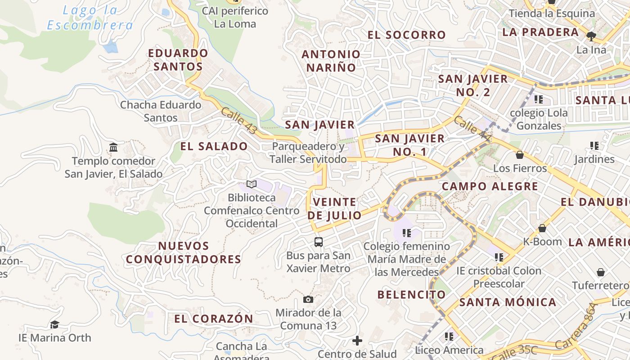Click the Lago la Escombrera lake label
pos(90,18)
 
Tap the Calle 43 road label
pos(239,121)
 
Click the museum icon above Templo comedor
pos(113,147)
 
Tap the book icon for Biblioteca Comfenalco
pos(251,184)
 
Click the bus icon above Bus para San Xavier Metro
pos(319,242)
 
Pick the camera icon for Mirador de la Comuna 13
pos(308,299)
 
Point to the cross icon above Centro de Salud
pos(357,341)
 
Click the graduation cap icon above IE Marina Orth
pos(54,324)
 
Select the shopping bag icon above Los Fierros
pos(520,155)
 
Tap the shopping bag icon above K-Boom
pos(542,228)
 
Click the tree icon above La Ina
pos(591,36)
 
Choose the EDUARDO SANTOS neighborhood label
pos(178,60)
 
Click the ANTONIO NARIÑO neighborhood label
pos(331,61)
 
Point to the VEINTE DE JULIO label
pos(334,209)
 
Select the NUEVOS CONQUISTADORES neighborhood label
pos(184,252)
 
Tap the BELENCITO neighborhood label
pos(412,295)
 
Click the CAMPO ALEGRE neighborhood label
pos(490,186)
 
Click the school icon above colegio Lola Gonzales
pos(539,99)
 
